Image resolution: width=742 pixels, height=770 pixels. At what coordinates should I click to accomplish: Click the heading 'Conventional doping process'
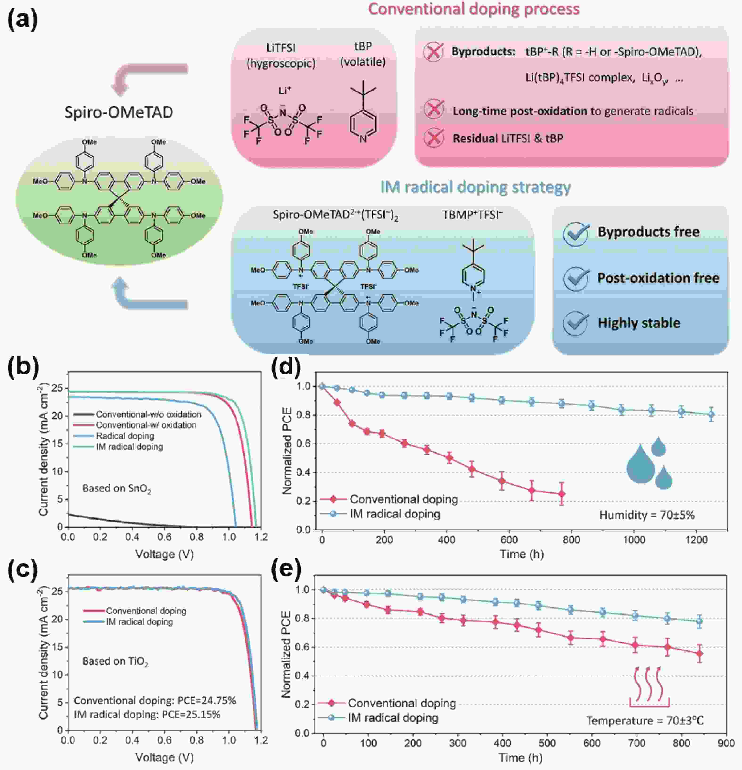point(473,9)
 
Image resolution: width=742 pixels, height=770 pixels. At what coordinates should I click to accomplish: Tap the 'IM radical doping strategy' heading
point(475,187)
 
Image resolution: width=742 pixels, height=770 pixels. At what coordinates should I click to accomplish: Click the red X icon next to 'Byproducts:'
point(433,52)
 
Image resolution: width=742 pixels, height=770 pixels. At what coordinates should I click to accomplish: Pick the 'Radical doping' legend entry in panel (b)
point(125,436)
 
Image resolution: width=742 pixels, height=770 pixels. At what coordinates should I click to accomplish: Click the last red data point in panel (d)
point(562,494)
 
